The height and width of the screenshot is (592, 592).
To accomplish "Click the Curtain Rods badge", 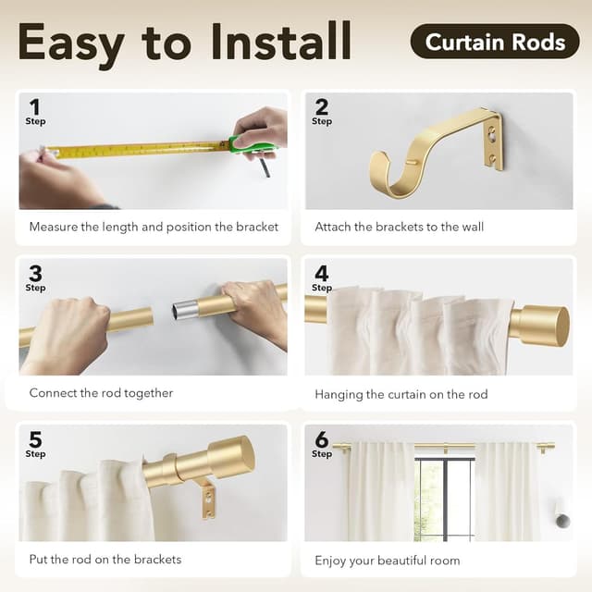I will point(495,42).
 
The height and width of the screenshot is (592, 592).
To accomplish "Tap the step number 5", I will point(34,438).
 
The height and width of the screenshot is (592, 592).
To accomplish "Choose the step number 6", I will point(321,438).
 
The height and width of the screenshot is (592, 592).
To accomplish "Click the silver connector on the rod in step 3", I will point(186,309).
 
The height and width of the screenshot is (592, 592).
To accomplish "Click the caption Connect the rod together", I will point(101,393).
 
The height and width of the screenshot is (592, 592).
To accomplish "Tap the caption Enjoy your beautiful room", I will point(387,560).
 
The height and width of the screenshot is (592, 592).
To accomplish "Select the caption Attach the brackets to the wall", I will point(399,227).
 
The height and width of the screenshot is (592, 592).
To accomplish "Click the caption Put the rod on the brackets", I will point(105,559).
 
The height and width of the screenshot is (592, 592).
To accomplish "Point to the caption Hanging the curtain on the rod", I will point(401,394).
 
